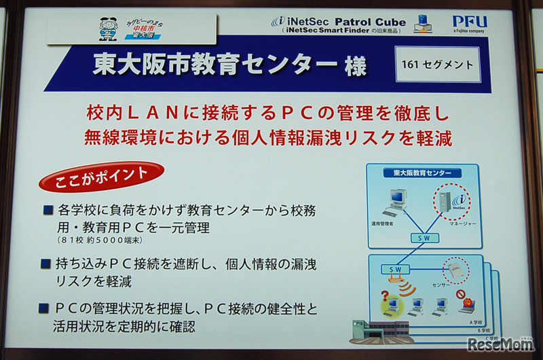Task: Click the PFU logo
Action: pyautogui.click(x=470, y=22)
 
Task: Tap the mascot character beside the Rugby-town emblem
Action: pyautogui.click(x=108, y=29)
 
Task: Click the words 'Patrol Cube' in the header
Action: pyautogui.click(x=369, y=22)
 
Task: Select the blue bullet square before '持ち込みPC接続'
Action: pyautogui.click(x=45, y=263)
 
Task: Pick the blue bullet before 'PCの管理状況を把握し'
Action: pyautogui.click(x=45, y=309)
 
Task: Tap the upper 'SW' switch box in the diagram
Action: pyautogui.click(x=424, y=238)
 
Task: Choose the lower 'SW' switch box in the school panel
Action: pyautogui.click(x=395, y=270)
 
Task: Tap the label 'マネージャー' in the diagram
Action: pyautogui.click(x=462, y=222)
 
